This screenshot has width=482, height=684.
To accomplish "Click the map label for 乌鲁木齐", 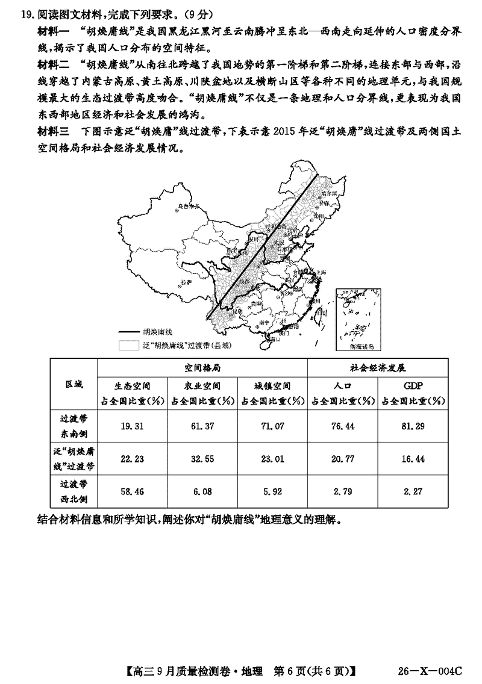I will [187, 206].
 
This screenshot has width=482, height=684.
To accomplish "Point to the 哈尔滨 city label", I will [328, 194].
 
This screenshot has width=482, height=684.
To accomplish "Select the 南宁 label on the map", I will [263, 323].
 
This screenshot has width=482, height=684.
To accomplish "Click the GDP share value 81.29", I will [413, 426].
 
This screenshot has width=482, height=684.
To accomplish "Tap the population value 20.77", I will [343, 459].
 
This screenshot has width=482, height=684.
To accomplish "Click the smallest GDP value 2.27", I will [413, 491].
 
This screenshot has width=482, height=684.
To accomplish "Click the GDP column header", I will [413, 386].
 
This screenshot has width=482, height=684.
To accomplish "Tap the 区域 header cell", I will [74, 384].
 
